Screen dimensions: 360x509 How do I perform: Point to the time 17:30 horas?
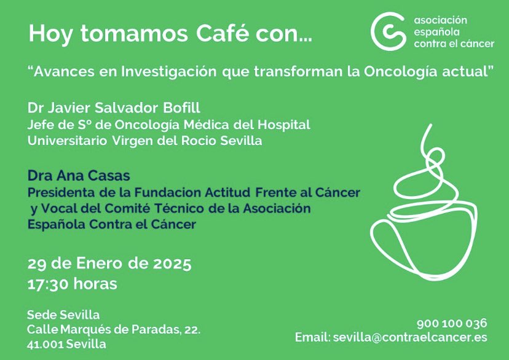coord(73,284)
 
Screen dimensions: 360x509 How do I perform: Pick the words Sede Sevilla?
coord(63,315)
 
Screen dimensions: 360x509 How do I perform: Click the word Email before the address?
coord(312,337)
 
